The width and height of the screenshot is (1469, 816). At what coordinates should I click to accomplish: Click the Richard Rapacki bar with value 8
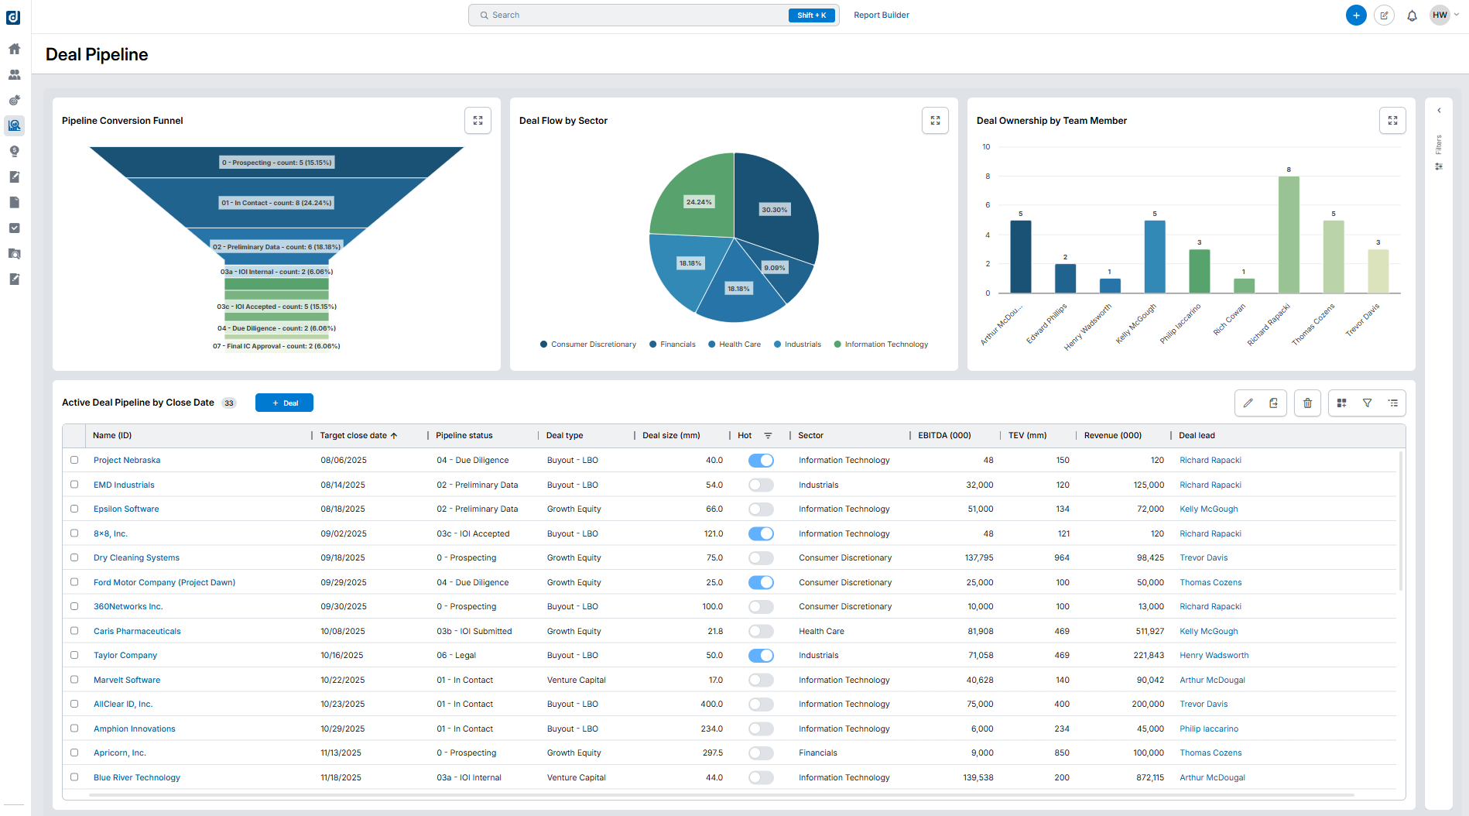click(x=1289, y=235)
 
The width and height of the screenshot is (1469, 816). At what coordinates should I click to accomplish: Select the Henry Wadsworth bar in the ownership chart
click(x=1110, y=286)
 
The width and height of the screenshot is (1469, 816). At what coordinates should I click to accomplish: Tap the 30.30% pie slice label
click(x=774, y=210)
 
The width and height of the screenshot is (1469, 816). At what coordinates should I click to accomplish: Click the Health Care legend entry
click(x=734, y=345)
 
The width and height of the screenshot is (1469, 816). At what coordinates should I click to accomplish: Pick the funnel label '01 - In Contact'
click(x=276, y=203)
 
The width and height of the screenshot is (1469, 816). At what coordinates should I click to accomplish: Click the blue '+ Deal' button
click(x=284, y=403)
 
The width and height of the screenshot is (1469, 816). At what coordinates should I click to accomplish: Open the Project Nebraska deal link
click(x=127, y=460)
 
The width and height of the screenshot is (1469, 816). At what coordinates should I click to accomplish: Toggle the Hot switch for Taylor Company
click(x=761, y=656)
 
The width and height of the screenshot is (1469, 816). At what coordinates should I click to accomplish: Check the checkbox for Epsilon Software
click(x=74, y=509)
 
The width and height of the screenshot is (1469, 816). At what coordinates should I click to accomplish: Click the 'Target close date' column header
click(x=354, y=435)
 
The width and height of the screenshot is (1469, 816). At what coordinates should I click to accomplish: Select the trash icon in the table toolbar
click(x=1307, y=403)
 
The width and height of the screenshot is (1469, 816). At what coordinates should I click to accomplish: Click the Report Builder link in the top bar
click(x=881, y=15)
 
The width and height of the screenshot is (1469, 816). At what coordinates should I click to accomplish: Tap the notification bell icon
click(x=1412, y=15)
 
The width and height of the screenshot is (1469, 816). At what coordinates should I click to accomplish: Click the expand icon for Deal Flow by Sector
click(x=935, y=121)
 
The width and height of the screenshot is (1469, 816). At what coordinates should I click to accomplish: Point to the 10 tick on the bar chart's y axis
click(x=986, y=146)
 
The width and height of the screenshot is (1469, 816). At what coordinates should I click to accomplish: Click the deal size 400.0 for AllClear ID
click(x=711, y=704)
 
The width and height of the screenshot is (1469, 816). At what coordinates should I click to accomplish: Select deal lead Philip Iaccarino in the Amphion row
click(x=1208, y=729)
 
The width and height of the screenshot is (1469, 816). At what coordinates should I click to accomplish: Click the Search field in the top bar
click(x=635, y=15)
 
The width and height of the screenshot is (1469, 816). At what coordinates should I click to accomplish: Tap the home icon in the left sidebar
click(x=15, y=49)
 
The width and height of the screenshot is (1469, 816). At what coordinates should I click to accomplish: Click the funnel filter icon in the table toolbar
click(x=1368, y=403)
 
